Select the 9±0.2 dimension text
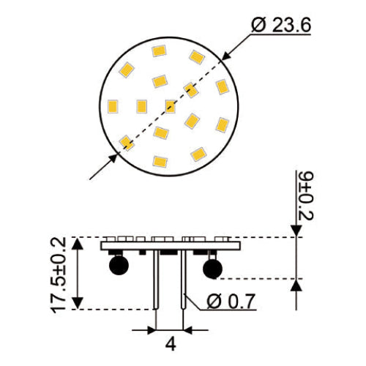click(306, 195)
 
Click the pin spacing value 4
click(168, 343)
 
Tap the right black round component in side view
click(213, 270)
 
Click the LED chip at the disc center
click(171, 106)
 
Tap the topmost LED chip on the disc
click(158, 51)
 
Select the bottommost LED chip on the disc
click(160, 160)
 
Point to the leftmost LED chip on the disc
click(113, 105)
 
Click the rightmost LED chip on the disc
click(222, 88)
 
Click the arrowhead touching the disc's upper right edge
click(226, 54)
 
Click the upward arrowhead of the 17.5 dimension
click(79, 243)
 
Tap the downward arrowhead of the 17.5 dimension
click(79, 303)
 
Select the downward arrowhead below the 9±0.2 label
click(296, 231)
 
